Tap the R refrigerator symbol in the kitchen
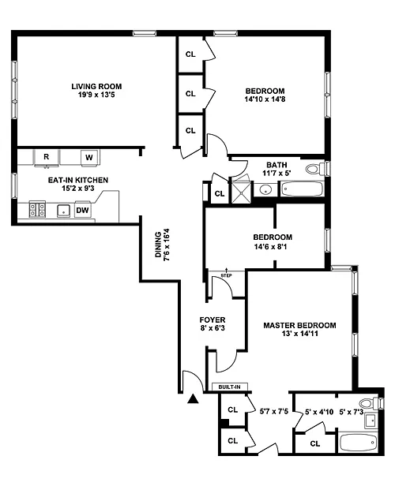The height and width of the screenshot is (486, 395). [47, 158]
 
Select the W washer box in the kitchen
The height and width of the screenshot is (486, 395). [89, 158]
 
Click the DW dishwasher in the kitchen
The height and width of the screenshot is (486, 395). [82, 211]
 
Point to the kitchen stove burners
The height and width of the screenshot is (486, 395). [37, 209]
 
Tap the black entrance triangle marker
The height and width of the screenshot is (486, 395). [193, 399]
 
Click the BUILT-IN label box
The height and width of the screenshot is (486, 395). [230, 387]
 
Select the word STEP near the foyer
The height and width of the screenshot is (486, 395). [226, 275]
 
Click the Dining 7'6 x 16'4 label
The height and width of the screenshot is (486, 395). [162, 245]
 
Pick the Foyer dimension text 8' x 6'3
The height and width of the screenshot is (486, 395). [213, 327]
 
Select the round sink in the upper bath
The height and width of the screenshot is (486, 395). [265, 189]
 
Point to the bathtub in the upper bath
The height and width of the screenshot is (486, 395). [302, 189]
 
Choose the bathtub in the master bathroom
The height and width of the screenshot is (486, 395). [359, 443]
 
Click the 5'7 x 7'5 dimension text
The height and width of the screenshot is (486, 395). [274, 411]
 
